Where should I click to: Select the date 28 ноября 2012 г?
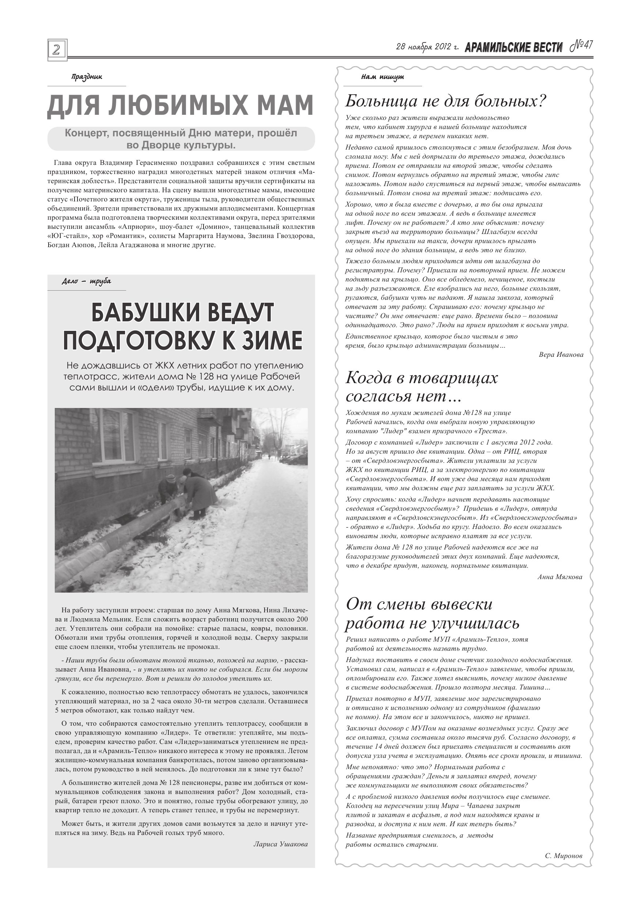(427, 47)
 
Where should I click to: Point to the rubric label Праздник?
(87, 77)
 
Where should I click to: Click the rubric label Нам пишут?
(382, 77)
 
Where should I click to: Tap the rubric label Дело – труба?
(87, 281)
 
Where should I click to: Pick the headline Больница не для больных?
(445, 102)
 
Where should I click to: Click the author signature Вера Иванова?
(561, 355)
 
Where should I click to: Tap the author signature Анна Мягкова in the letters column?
(560, 577)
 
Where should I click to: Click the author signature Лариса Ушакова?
(280, 844)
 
